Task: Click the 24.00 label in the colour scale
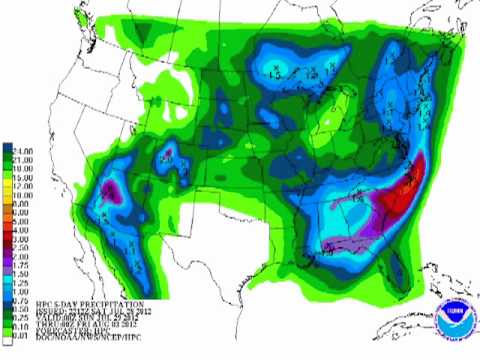point(22,149)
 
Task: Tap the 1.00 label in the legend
point(22,277)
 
